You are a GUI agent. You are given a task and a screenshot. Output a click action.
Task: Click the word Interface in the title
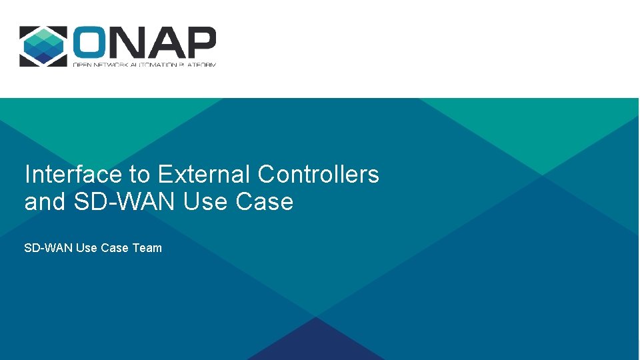[x=73, y=175]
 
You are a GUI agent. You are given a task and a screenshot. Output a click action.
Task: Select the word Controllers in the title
[x=318, y=175]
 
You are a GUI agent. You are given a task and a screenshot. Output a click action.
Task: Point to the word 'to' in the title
[x=140, y=175]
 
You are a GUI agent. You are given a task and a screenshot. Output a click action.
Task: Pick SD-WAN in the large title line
[x=125, y=201]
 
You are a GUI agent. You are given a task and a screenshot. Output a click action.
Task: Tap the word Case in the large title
[x=265, y=201]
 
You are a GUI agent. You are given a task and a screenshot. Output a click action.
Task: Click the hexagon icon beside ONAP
[x=43, y=46]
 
